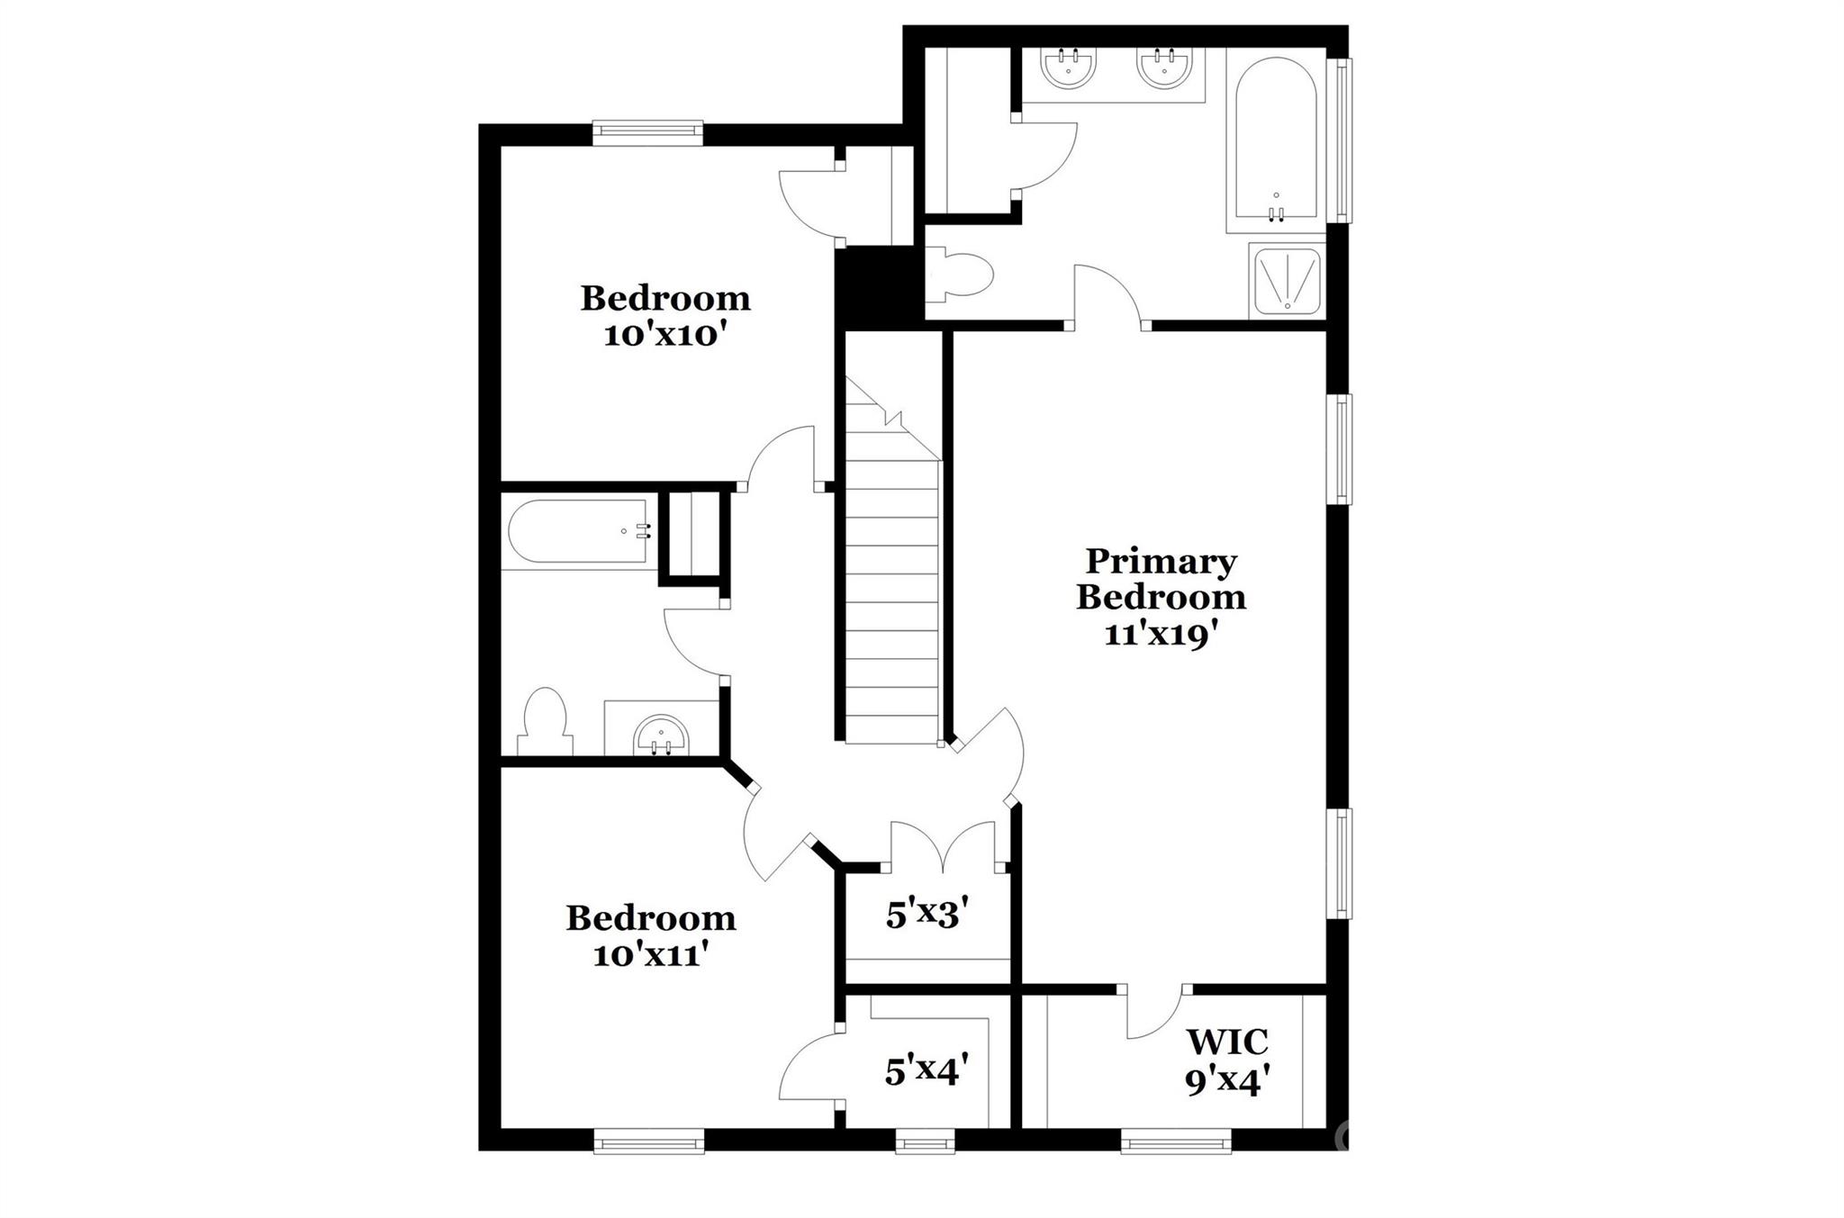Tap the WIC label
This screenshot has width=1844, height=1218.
pyautogui.click(x=1227, y=1042)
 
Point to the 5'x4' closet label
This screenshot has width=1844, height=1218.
pyautogui.click(x=927, y=1071)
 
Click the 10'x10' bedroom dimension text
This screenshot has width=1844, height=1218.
pyautogui.click(x=664, y=336)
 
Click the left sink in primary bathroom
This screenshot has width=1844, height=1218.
pyautogui.click(x=1069, y=66)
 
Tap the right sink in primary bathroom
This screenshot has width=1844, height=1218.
pyautogui.click(x=1164, y=66)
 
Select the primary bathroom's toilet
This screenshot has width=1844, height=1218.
pyautogui.click(x=963, y=275)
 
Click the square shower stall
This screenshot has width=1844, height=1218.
pyautogui.click(x=1287, y=281)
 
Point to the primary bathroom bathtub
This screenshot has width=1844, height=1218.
pyautogui.click(x=1276, y=140)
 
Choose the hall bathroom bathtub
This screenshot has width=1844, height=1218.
pyautogui.click(x=578, y=531)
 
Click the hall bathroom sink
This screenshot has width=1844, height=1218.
pyautogui.click(x=661, y=735)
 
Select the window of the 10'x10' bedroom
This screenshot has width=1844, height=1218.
pyautogui.click(x=647, y=133)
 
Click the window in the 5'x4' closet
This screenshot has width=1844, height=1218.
pyautogui.click(x=925, y=1143)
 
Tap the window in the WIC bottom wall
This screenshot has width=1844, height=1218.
pyautogui.click(x=1176, y=1143)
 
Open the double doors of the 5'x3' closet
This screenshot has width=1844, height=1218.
pyautogui.click(x=943, y=846)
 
